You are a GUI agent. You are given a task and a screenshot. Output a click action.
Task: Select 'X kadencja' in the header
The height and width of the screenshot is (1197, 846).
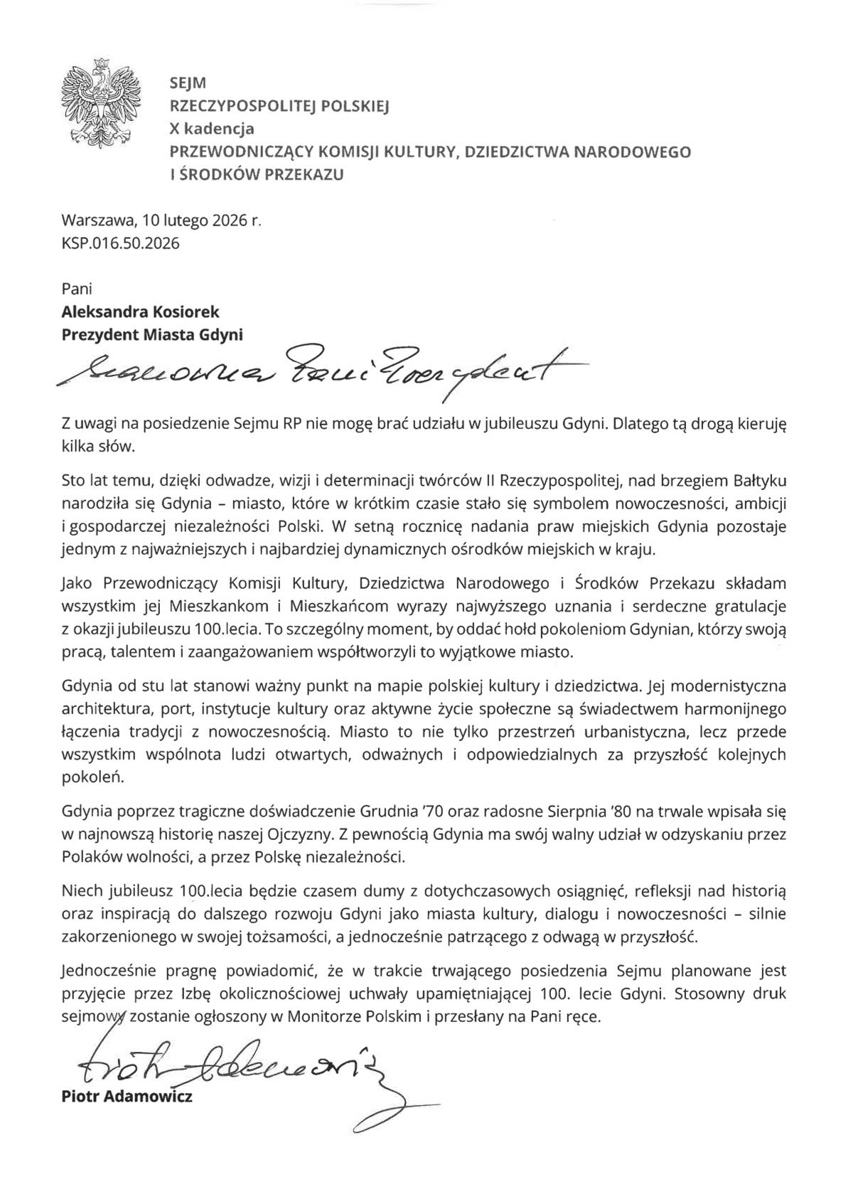click(x=211, y=129)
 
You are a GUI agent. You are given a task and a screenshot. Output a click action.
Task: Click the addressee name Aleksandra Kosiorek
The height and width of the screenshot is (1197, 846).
click(x=141, y=312)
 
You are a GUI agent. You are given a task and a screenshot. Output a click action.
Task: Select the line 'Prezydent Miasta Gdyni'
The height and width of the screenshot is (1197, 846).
click(x=152, y=334)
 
